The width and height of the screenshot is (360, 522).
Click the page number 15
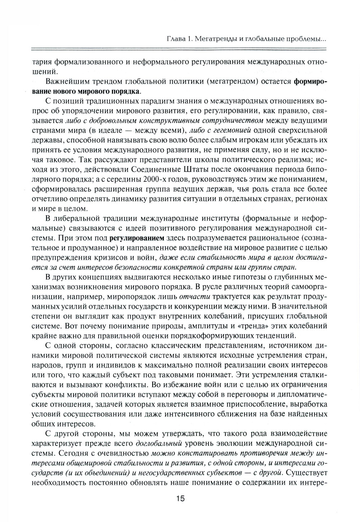(x=180, y=498)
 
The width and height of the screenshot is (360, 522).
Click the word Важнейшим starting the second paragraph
(x=67, y=81)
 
